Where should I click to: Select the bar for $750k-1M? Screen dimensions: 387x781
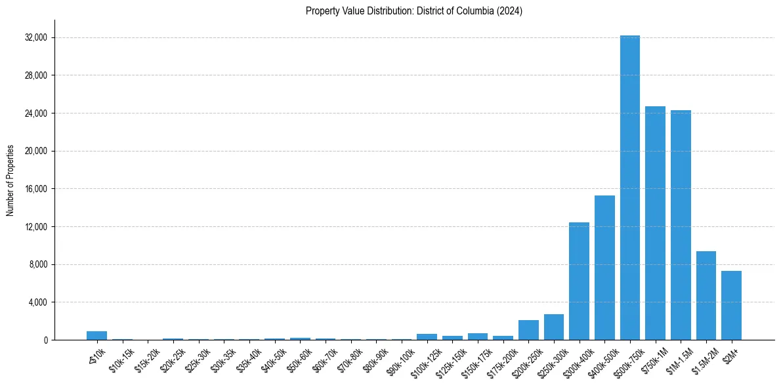coord(655,223)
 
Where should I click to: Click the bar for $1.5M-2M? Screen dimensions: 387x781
coord(706,295)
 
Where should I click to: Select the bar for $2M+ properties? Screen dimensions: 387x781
coord(731,305)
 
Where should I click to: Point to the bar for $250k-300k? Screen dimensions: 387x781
coord(553,327)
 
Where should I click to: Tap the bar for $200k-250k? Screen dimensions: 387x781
coord(528,330)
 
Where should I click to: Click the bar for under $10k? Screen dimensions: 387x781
coord(96,335)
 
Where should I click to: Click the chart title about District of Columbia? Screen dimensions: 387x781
coord(414,11)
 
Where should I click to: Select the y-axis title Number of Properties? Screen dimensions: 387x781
coord(11,180)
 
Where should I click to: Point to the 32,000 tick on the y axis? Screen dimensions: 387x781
coord(35,38)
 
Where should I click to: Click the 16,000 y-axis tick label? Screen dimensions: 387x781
coord(35,189)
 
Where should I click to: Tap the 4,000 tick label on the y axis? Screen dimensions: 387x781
coord(37,302)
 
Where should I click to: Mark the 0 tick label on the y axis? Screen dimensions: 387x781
coord(45,340)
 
